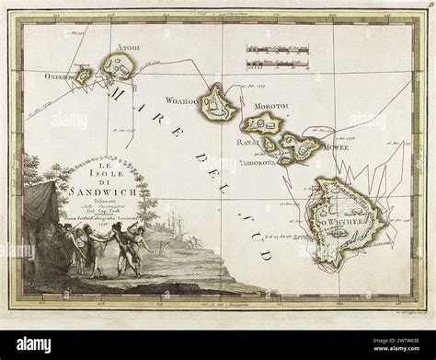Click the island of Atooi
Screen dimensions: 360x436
click(120, 65)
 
